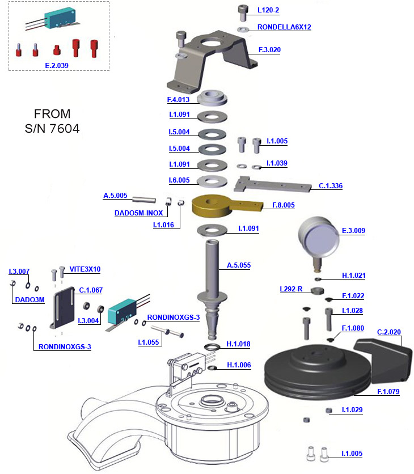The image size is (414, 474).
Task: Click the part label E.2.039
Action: click(56, 65)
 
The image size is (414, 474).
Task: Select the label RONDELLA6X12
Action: click(284, 27)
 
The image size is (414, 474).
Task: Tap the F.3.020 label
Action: click(269, 50)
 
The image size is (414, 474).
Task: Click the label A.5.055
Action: click(239, 265)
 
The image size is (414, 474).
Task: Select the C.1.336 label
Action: click(331, 185)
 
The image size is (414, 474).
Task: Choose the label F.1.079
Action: click(388, 391)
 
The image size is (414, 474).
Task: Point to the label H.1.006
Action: click(238, 365)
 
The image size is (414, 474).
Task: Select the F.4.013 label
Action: click(178, 100)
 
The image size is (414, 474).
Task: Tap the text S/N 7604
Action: click(52, 128)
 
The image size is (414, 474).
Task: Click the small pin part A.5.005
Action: click(144, 200)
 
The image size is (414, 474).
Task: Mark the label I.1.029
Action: click(352, 409)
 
